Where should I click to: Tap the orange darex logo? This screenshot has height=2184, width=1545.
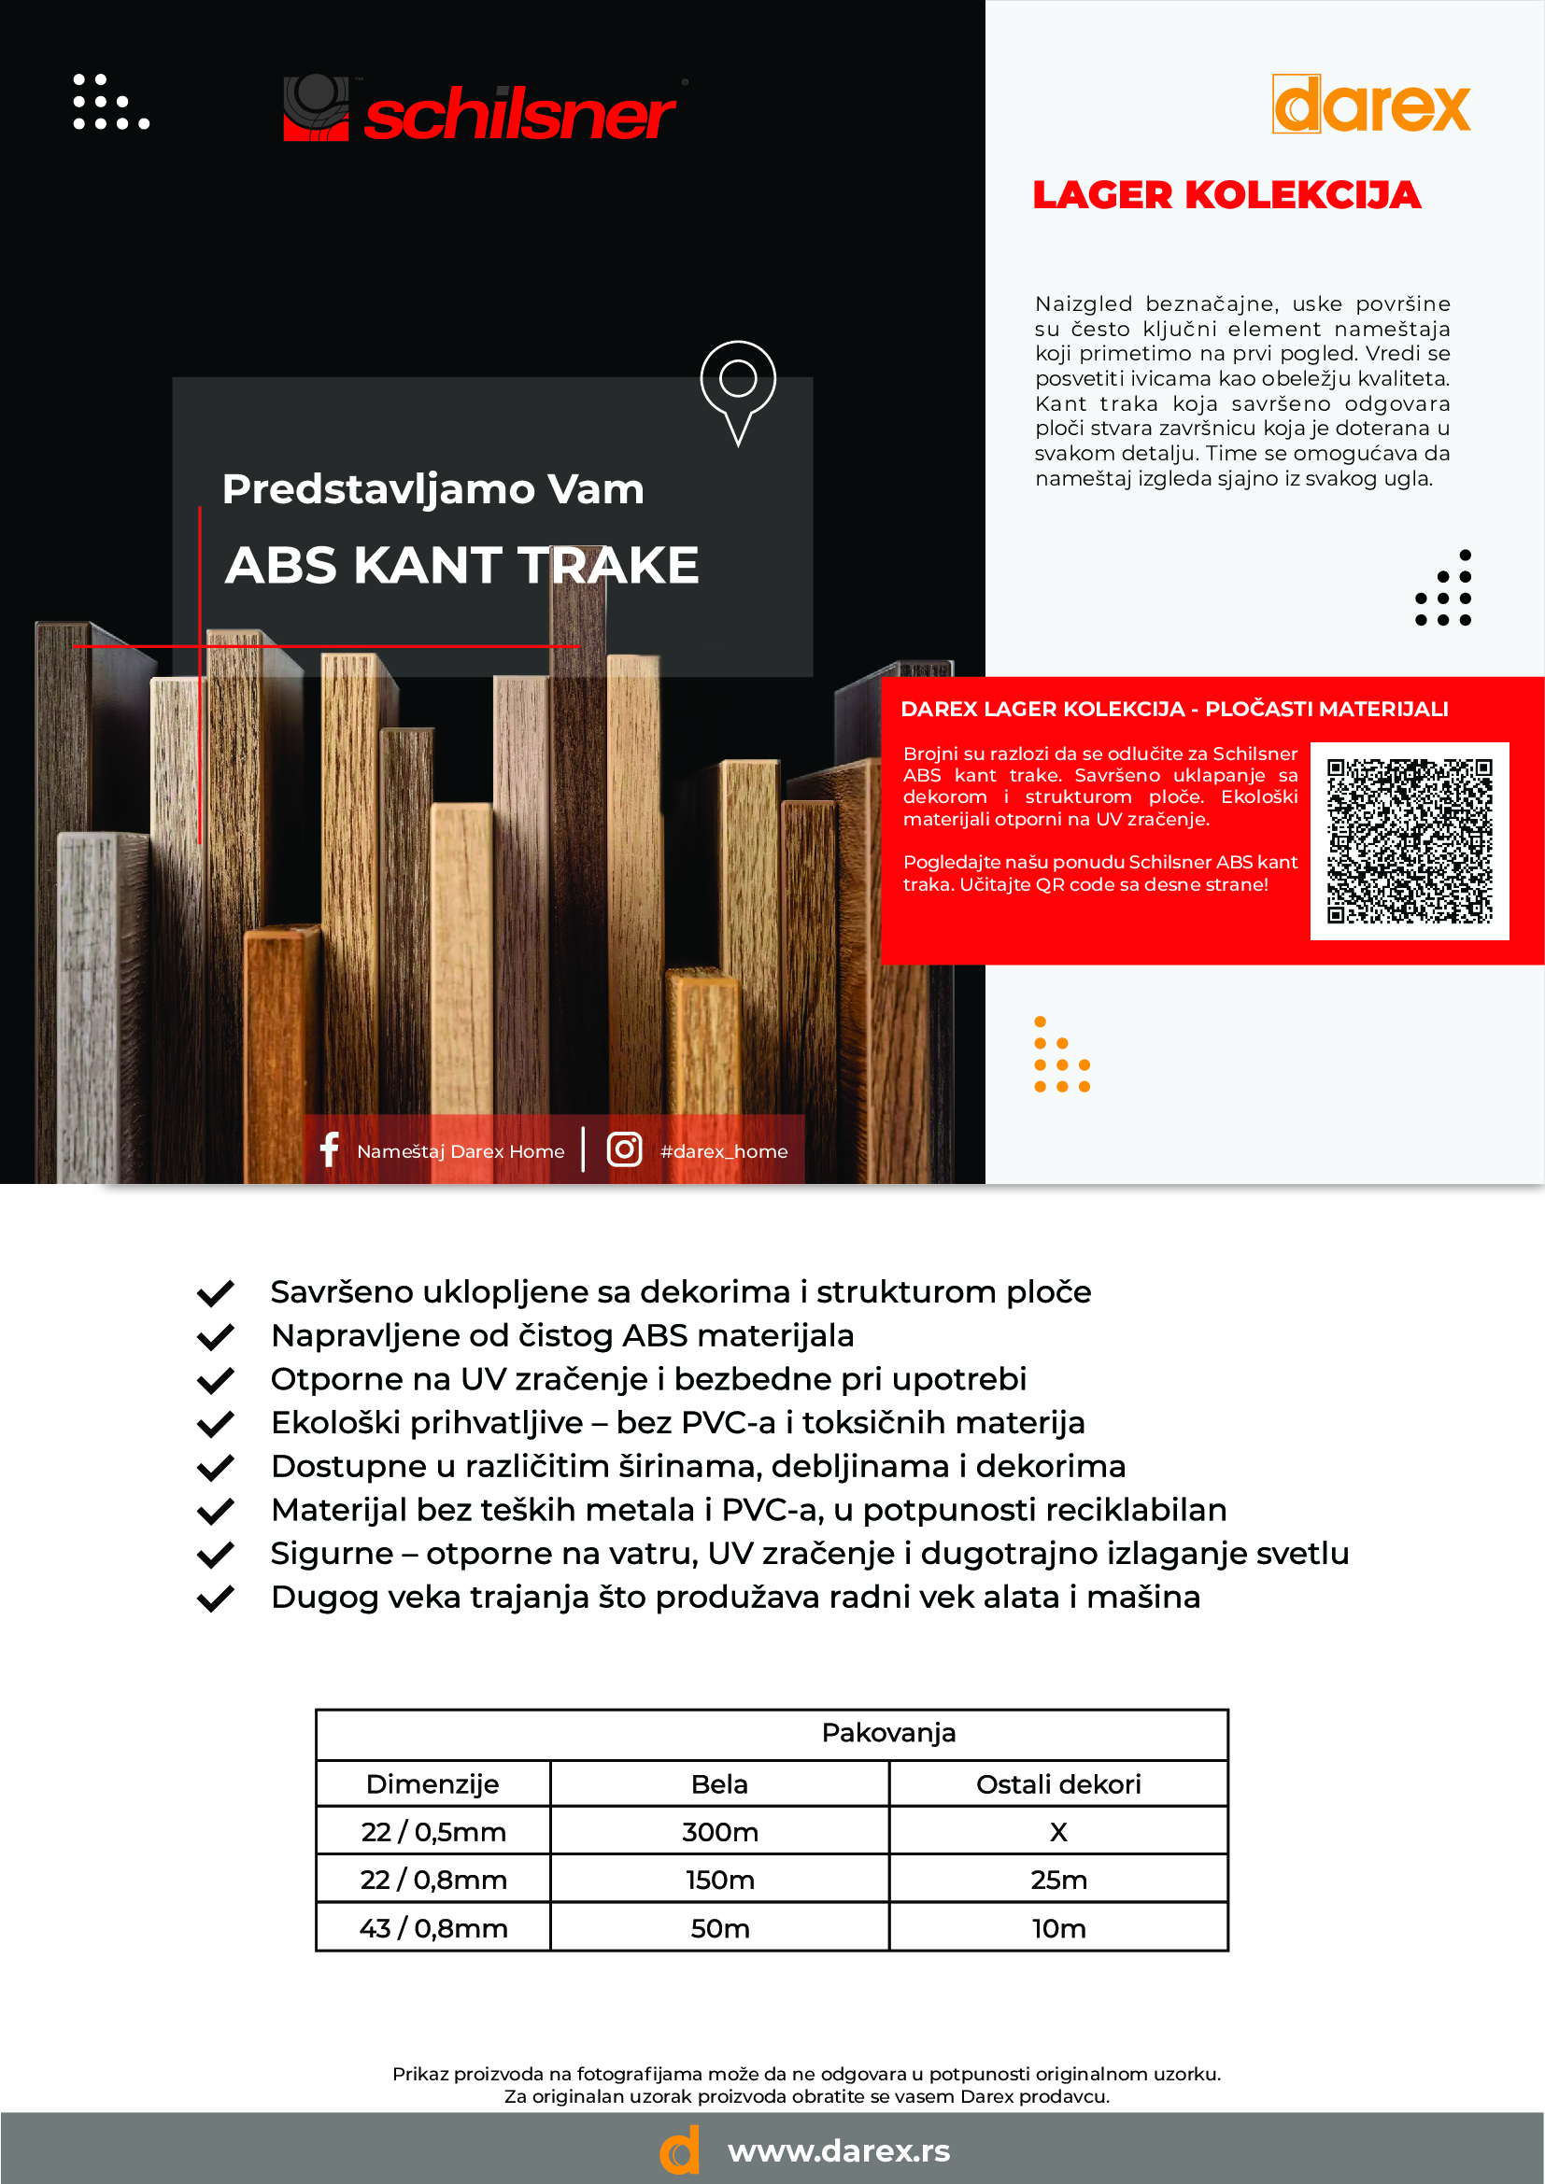click(x=1371, y=106)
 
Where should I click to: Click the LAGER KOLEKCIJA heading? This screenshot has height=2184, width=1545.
click(x=1226, y=195)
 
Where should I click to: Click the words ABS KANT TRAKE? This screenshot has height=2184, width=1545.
click(x=461, y=565)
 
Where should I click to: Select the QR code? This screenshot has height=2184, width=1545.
click(x=1409, y=840)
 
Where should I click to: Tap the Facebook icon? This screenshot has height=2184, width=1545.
click(x=329, y=1150)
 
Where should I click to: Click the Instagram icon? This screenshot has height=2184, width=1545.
click(x=624, y=1150)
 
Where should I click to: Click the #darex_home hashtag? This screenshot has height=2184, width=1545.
click(x=723, y=1151)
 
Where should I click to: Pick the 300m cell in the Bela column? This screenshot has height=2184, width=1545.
click(x=719, y=1831)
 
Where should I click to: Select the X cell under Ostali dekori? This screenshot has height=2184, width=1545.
click(x=1058, y=1831)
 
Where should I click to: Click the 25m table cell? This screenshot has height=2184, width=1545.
click(x=1058, y=1880)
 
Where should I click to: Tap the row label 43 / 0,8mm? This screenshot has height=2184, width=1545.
click(x=432, y=1928)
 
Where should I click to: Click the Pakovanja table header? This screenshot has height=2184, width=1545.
click(x=887, y=1732)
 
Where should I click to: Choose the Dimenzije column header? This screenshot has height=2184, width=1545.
click(x=432, y=1783)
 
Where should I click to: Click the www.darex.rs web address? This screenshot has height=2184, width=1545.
click(x=838, y=2150)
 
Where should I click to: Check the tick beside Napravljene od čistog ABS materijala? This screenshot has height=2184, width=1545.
click(x=215, y=1336)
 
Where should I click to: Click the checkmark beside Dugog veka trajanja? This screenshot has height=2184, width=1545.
click(x=215, y=1598)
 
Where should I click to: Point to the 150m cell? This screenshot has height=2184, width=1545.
click(x=719, y=1880)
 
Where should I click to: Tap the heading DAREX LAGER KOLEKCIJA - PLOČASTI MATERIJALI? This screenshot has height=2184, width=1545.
click(x=1174, y=709)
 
